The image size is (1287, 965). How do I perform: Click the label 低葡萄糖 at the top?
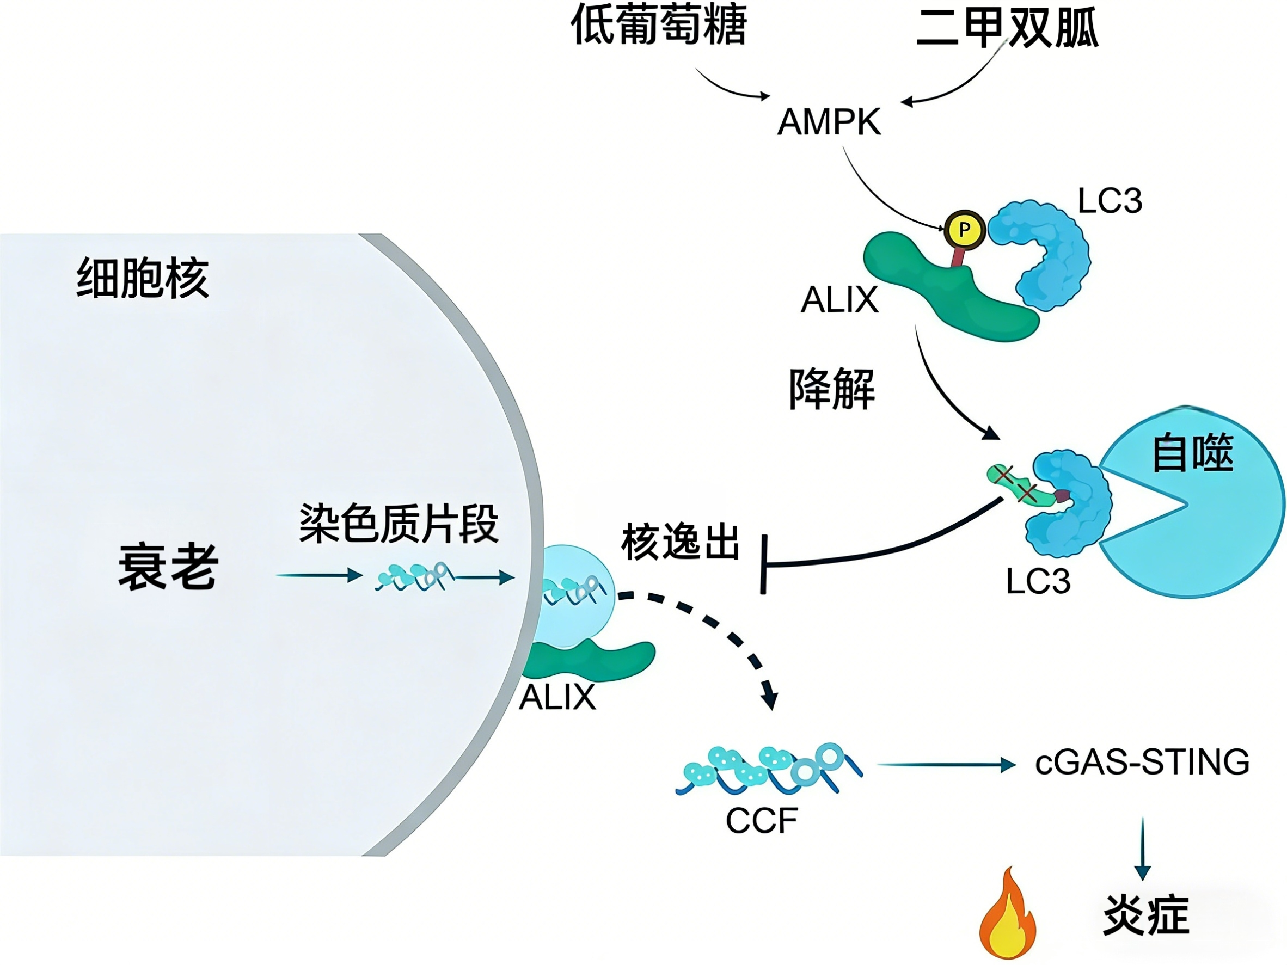point(659,26)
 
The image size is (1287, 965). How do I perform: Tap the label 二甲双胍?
point(1007,28)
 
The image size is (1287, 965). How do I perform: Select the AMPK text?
point(830,122)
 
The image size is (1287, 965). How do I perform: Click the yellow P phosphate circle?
point(964,230)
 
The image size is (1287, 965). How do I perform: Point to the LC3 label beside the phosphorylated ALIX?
point(1110,201)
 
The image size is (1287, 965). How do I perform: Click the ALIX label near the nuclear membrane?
point(557,697)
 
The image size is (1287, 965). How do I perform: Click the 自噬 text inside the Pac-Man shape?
point(1193,452)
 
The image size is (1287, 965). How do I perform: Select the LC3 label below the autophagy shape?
point(1038,581)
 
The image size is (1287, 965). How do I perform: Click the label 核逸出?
point(680,542)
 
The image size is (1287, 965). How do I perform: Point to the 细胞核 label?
point(143,278)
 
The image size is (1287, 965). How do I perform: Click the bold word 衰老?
point(168,567)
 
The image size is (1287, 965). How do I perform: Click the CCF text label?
point(762,821)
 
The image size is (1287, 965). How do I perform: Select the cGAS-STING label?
point(1142,762)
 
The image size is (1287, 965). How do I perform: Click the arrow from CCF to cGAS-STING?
point(946,765)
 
